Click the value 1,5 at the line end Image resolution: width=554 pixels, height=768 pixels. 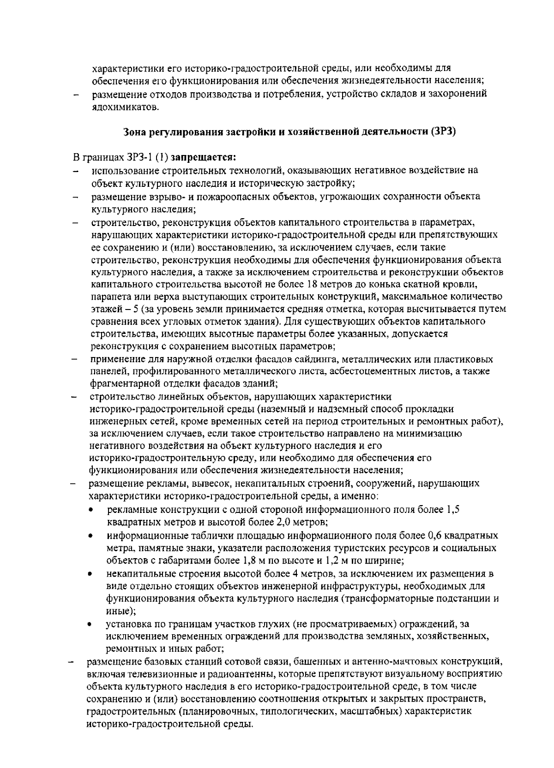(x=453, y=510)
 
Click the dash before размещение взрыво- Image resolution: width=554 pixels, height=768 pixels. (x=74, y=197)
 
